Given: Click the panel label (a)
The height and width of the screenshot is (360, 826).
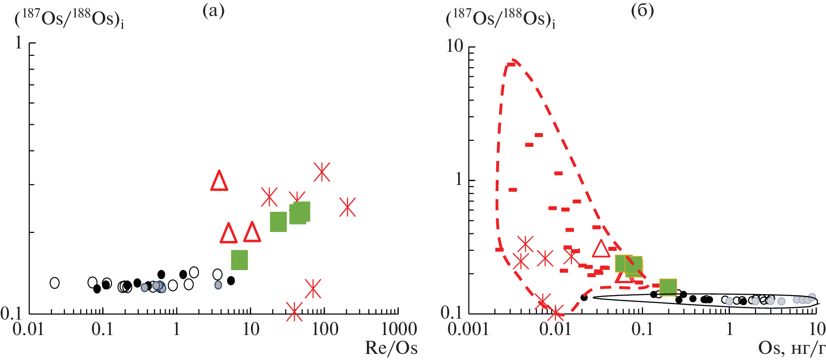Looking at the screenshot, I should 213,10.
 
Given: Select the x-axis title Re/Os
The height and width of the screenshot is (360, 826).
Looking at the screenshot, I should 391,348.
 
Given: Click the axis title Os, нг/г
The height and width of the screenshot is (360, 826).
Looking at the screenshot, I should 792,348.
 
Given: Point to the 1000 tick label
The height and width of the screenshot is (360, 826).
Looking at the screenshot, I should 399,329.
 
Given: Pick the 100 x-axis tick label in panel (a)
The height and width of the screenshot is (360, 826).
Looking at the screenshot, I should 324,329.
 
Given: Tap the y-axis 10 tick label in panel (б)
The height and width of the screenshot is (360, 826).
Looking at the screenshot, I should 455,46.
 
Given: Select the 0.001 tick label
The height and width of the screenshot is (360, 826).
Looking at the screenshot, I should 468,329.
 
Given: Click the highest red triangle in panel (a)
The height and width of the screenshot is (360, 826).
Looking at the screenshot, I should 219,181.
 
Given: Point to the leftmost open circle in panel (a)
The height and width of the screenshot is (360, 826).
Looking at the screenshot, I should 55,283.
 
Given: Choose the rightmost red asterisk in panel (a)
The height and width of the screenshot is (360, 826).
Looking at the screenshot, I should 347,207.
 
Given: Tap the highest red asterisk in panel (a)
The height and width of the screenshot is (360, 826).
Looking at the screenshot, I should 322,172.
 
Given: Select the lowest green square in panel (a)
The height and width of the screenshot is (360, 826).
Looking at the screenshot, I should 239,260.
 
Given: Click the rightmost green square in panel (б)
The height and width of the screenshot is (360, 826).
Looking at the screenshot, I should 668,287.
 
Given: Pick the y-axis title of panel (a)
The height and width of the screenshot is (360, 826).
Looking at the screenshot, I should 70,19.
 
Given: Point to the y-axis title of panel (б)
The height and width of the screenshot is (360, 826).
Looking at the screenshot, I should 500,19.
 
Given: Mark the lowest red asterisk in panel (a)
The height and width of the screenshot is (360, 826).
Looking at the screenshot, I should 294,311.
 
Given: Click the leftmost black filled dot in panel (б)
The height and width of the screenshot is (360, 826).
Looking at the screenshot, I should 584,297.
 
